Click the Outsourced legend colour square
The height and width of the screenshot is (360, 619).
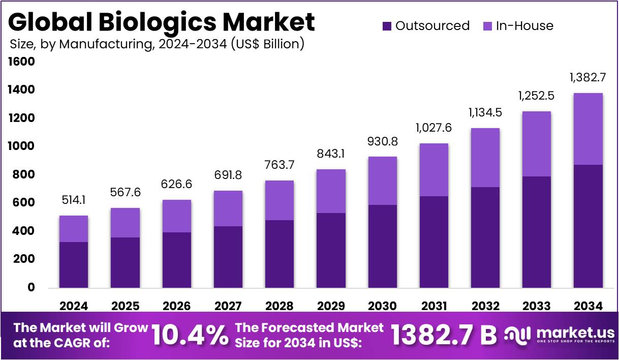[387, 26]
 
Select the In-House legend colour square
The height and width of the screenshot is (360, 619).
[486, 26]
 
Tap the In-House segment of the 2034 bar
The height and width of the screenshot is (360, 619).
[588, 129]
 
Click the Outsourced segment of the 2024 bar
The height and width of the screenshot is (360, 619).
[74, 264]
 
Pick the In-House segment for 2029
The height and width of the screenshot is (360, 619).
[331, 191]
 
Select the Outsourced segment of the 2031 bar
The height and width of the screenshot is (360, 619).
[434, 242]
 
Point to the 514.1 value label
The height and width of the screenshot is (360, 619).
[74, 200]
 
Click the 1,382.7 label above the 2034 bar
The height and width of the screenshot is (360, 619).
[588, 78]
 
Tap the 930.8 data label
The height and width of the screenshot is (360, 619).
[382, 141]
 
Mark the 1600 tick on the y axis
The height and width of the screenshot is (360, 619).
[21, 62]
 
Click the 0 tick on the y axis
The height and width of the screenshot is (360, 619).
[32, 287]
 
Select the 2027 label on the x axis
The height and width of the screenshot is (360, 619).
[228, 306]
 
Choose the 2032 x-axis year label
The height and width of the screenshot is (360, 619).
[485, 306]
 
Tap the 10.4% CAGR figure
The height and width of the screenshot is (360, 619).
[190, 335]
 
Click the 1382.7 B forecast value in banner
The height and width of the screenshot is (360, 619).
[443, 335]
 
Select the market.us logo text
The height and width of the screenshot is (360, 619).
[575, 333]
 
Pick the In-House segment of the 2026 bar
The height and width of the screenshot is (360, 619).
[176, 216]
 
